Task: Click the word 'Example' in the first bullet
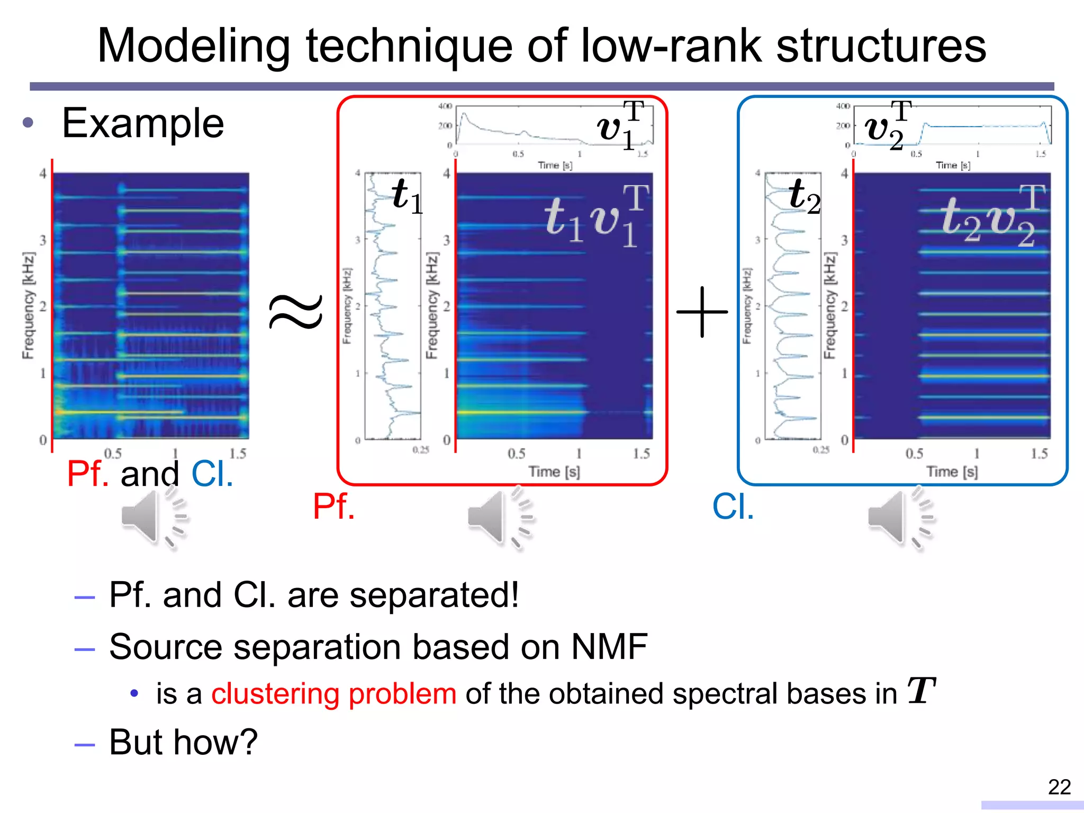143,123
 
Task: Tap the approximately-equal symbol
296,312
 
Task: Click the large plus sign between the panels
702,312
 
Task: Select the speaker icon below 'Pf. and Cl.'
153,518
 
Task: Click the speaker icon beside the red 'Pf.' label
500,518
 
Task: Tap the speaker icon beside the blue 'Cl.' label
900,518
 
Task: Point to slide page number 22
1059,787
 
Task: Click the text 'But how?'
183,742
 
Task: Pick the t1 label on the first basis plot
407,195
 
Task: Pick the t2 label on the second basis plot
804,195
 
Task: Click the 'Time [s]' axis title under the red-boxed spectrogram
554,471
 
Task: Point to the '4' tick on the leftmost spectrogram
43,174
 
